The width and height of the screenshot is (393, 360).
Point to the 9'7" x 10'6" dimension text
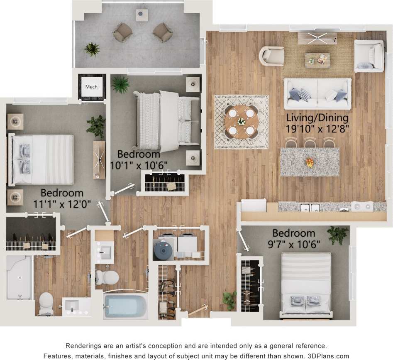[294, 243]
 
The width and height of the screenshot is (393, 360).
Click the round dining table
[241, 121]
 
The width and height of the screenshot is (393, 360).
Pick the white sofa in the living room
[317, 93]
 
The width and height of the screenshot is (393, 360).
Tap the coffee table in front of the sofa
[317, 60]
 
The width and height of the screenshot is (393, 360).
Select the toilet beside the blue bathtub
[107, 277]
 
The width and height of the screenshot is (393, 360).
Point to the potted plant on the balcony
[92, 49]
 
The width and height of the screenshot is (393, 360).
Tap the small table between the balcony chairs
[142, 15]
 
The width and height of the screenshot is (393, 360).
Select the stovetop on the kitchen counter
[362, 206]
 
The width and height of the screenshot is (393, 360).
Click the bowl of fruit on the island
[310, 162]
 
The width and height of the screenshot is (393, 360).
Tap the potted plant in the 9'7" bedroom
[337, 235]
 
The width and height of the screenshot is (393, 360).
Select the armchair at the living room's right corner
[369, 56]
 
